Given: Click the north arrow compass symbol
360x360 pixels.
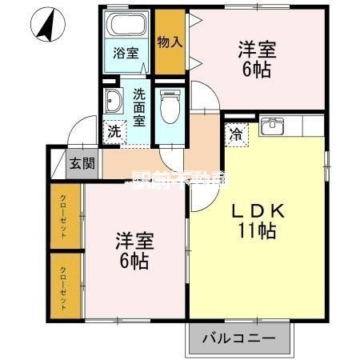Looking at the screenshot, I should (x=46, y=25).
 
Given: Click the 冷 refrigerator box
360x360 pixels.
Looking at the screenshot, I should (x=237, y=134).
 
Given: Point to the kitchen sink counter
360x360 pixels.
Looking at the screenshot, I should (x=280, y=126).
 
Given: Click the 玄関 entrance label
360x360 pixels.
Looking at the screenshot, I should (x=82, y=163).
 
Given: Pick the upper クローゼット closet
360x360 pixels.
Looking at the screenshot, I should (x=63, y=216).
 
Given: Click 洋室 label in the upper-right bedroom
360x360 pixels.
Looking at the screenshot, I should (x=257, y=50).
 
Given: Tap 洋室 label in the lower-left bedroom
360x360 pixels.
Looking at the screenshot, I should (x=134, y=241).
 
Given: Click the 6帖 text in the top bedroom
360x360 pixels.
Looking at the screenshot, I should (x=257, y=70).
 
